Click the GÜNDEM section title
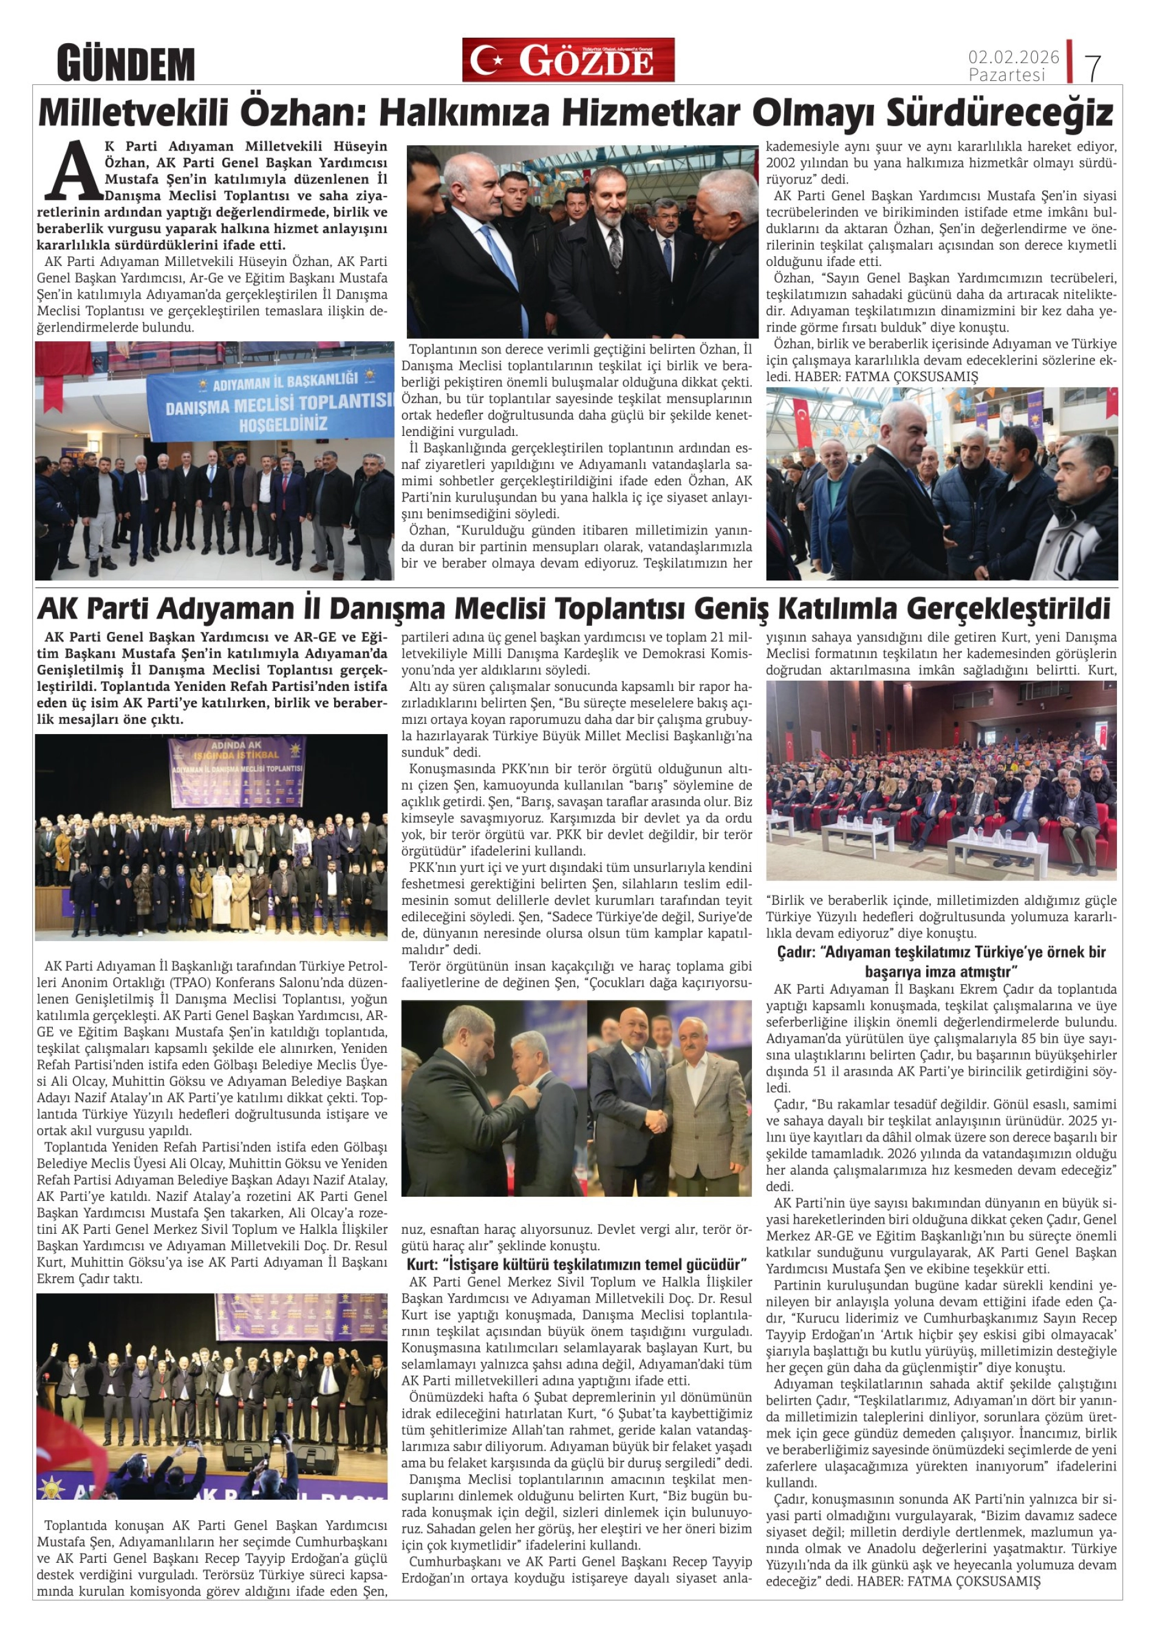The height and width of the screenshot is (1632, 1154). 126,63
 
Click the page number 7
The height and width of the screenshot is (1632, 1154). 1093,67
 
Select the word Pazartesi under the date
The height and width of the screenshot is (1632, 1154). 1007,75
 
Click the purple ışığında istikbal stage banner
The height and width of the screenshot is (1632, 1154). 237,762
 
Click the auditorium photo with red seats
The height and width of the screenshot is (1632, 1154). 941,780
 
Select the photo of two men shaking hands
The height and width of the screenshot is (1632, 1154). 669,1099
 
